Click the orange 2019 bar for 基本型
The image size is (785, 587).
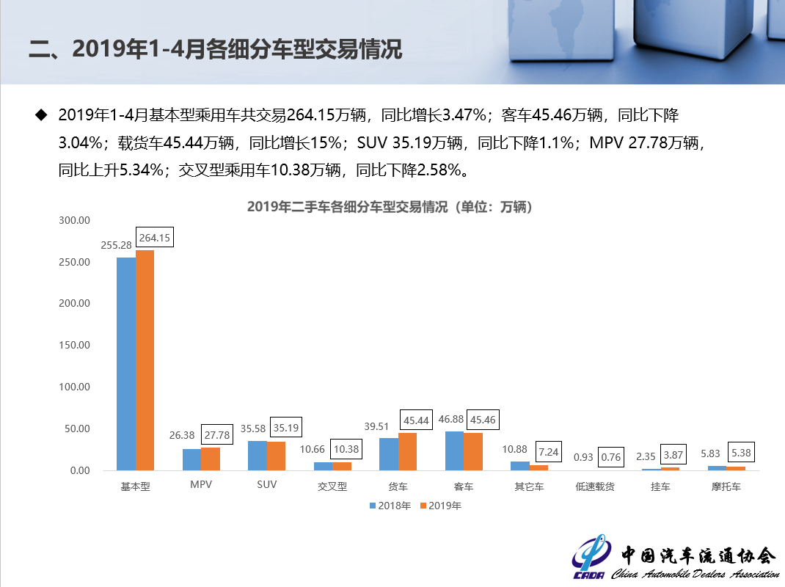(145, 360)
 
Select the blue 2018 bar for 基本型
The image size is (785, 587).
(126, 363)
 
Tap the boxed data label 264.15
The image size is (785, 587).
(154, 238)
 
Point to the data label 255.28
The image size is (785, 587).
(116, 245)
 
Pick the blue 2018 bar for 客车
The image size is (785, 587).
(454, 451)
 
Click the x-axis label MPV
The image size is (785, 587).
(200, 486)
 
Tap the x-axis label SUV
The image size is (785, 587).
(266, 486)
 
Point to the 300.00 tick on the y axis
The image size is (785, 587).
(74, 220)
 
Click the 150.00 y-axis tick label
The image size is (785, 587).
(74, 346)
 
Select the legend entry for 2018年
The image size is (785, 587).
(390, 506)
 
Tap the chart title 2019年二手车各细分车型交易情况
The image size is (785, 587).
(390, 207)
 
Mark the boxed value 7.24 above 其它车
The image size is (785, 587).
(549, 453)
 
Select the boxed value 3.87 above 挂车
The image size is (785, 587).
(673, 456)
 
